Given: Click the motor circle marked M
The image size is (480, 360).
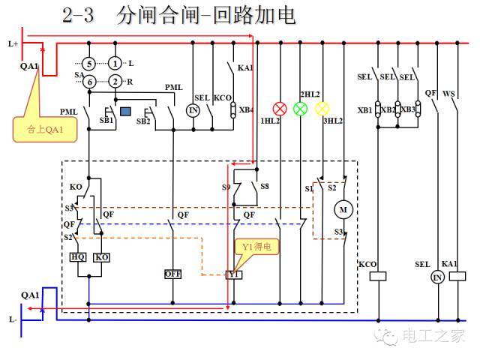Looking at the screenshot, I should coord(344,210).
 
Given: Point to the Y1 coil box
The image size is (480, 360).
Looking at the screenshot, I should coord(234,274).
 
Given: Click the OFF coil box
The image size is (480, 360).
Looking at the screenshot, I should coord(173,274).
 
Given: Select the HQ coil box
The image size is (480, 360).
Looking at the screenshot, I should coord(78,257).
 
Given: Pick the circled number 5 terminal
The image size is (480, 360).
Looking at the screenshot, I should coord(88,64).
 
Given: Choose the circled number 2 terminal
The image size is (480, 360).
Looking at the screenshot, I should coord(115,81).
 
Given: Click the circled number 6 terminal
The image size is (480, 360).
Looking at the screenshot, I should coord(88,81).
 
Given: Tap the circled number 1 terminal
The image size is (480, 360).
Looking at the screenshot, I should coord(115,64).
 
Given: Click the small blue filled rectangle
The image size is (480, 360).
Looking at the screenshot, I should coord(126,112).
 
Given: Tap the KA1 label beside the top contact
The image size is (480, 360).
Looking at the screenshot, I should coord(245,68).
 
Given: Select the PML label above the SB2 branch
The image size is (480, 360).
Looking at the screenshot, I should coord(174,88).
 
